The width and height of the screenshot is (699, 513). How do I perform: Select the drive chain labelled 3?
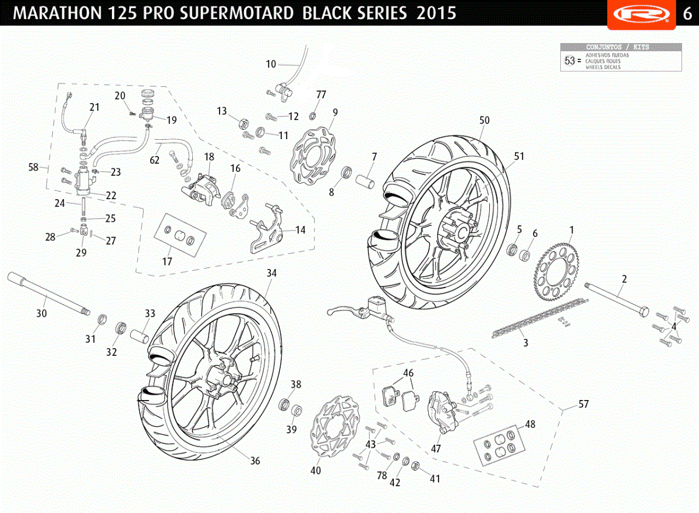click(x=540, y=318)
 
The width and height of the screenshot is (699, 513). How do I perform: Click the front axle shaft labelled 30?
click(x=49, y=293)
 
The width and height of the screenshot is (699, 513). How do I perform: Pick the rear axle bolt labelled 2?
click(x=617, y=300)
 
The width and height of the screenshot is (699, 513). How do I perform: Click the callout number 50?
click(x=484, y=120)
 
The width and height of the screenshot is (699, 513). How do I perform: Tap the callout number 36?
click(x=255, y=461)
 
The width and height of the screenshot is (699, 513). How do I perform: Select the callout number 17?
click(x=167, y=261)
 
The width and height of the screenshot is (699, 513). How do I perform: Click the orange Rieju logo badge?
click(x=641, y=14)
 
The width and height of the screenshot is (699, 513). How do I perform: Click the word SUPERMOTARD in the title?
click(x=237, y=13)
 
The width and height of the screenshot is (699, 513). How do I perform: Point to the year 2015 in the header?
click(x=436, y=13)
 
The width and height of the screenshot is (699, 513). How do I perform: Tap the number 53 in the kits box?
click(x=570, y=61)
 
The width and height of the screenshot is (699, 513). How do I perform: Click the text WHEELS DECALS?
click(x=603, y=67)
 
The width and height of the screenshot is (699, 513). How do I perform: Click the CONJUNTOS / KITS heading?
click(x=617, y=47)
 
